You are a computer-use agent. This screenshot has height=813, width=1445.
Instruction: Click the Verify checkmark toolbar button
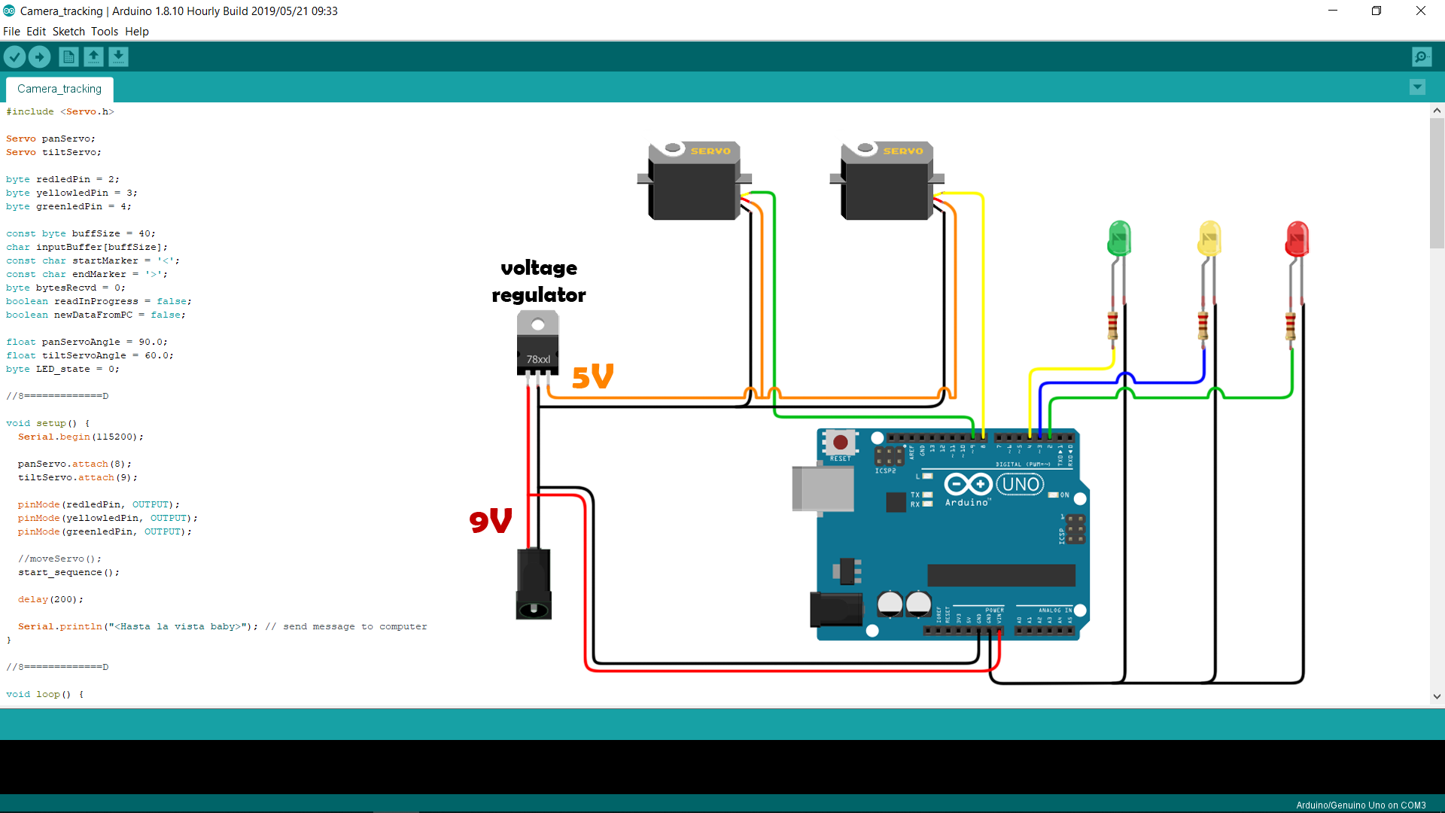pos(15,56)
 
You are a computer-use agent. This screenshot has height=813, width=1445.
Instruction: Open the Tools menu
pos(105,32)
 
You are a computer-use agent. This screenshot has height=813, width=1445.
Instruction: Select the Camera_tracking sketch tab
pos(59,89)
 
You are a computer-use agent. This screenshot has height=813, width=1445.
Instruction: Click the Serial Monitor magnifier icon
pos(1421,56)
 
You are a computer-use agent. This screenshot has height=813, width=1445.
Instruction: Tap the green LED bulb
pos(1119,239)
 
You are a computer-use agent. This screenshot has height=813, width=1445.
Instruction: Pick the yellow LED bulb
pos(1209,239)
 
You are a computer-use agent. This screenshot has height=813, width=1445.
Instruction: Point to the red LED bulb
pos(1297,239)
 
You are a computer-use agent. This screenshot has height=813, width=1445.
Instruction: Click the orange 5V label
pos(592,376)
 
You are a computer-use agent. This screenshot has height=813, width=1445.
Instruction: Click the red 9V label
pos(490,520)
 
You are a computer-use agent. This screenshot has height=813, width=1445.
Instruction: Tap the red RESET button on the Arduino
pos(840,443)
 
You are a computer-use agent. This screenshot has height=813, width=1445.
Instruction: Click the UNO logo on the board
pos(1021,484)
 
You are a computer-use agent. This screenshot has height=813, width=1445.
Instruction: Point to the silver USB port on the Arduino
pos(823,489)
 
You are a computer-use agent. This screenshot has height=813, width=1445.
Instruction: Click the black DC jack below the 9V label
pos(534,584)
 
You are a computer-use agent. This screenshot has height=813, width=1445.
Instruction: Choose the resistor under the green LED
pos(1112,326)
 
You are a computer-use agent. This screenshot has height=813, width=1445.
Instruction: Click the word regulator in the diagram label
pos(539,295)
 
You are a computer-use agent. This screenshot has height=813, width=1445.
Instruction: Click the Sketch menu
pos(68,32)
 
